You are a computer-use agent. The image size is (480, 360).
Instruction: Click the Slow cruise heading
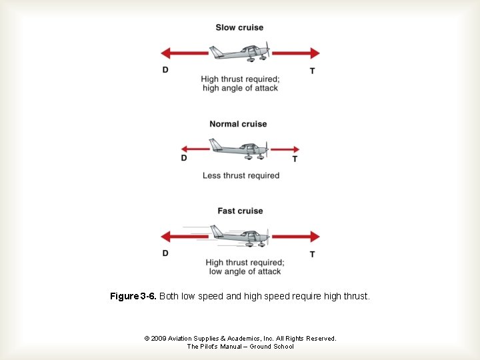point(239,27)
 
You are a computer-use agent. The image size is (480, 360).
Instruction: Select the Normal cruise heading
point(238,124)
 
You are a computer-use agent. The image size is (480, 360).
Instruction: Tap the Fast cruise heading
point(240,211)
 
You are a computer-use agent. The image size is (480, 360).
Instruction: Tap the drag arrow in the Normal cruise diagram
point(195,149)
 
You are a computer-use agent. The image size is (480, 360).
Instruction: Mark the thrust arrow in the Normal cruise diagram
point(284,149)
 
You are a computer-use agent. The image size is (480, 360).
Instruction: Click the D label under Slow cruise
point(165,70)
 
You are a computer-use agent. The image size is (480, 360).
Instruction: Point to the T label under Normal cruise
point(295,159)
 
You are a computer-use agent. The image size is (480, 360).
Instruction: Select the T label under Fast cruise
point(312,254)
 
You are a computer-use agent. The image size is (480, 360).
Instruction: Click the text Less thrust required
point(241,175)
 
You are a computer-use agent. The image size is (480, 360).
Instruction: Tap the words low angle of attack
point(245,271)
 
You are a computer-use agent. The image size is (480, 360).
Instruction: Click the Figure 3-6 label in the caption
point(133,296)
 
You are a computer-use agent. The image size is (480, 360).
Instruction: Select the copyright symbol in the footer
point(147,339)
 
